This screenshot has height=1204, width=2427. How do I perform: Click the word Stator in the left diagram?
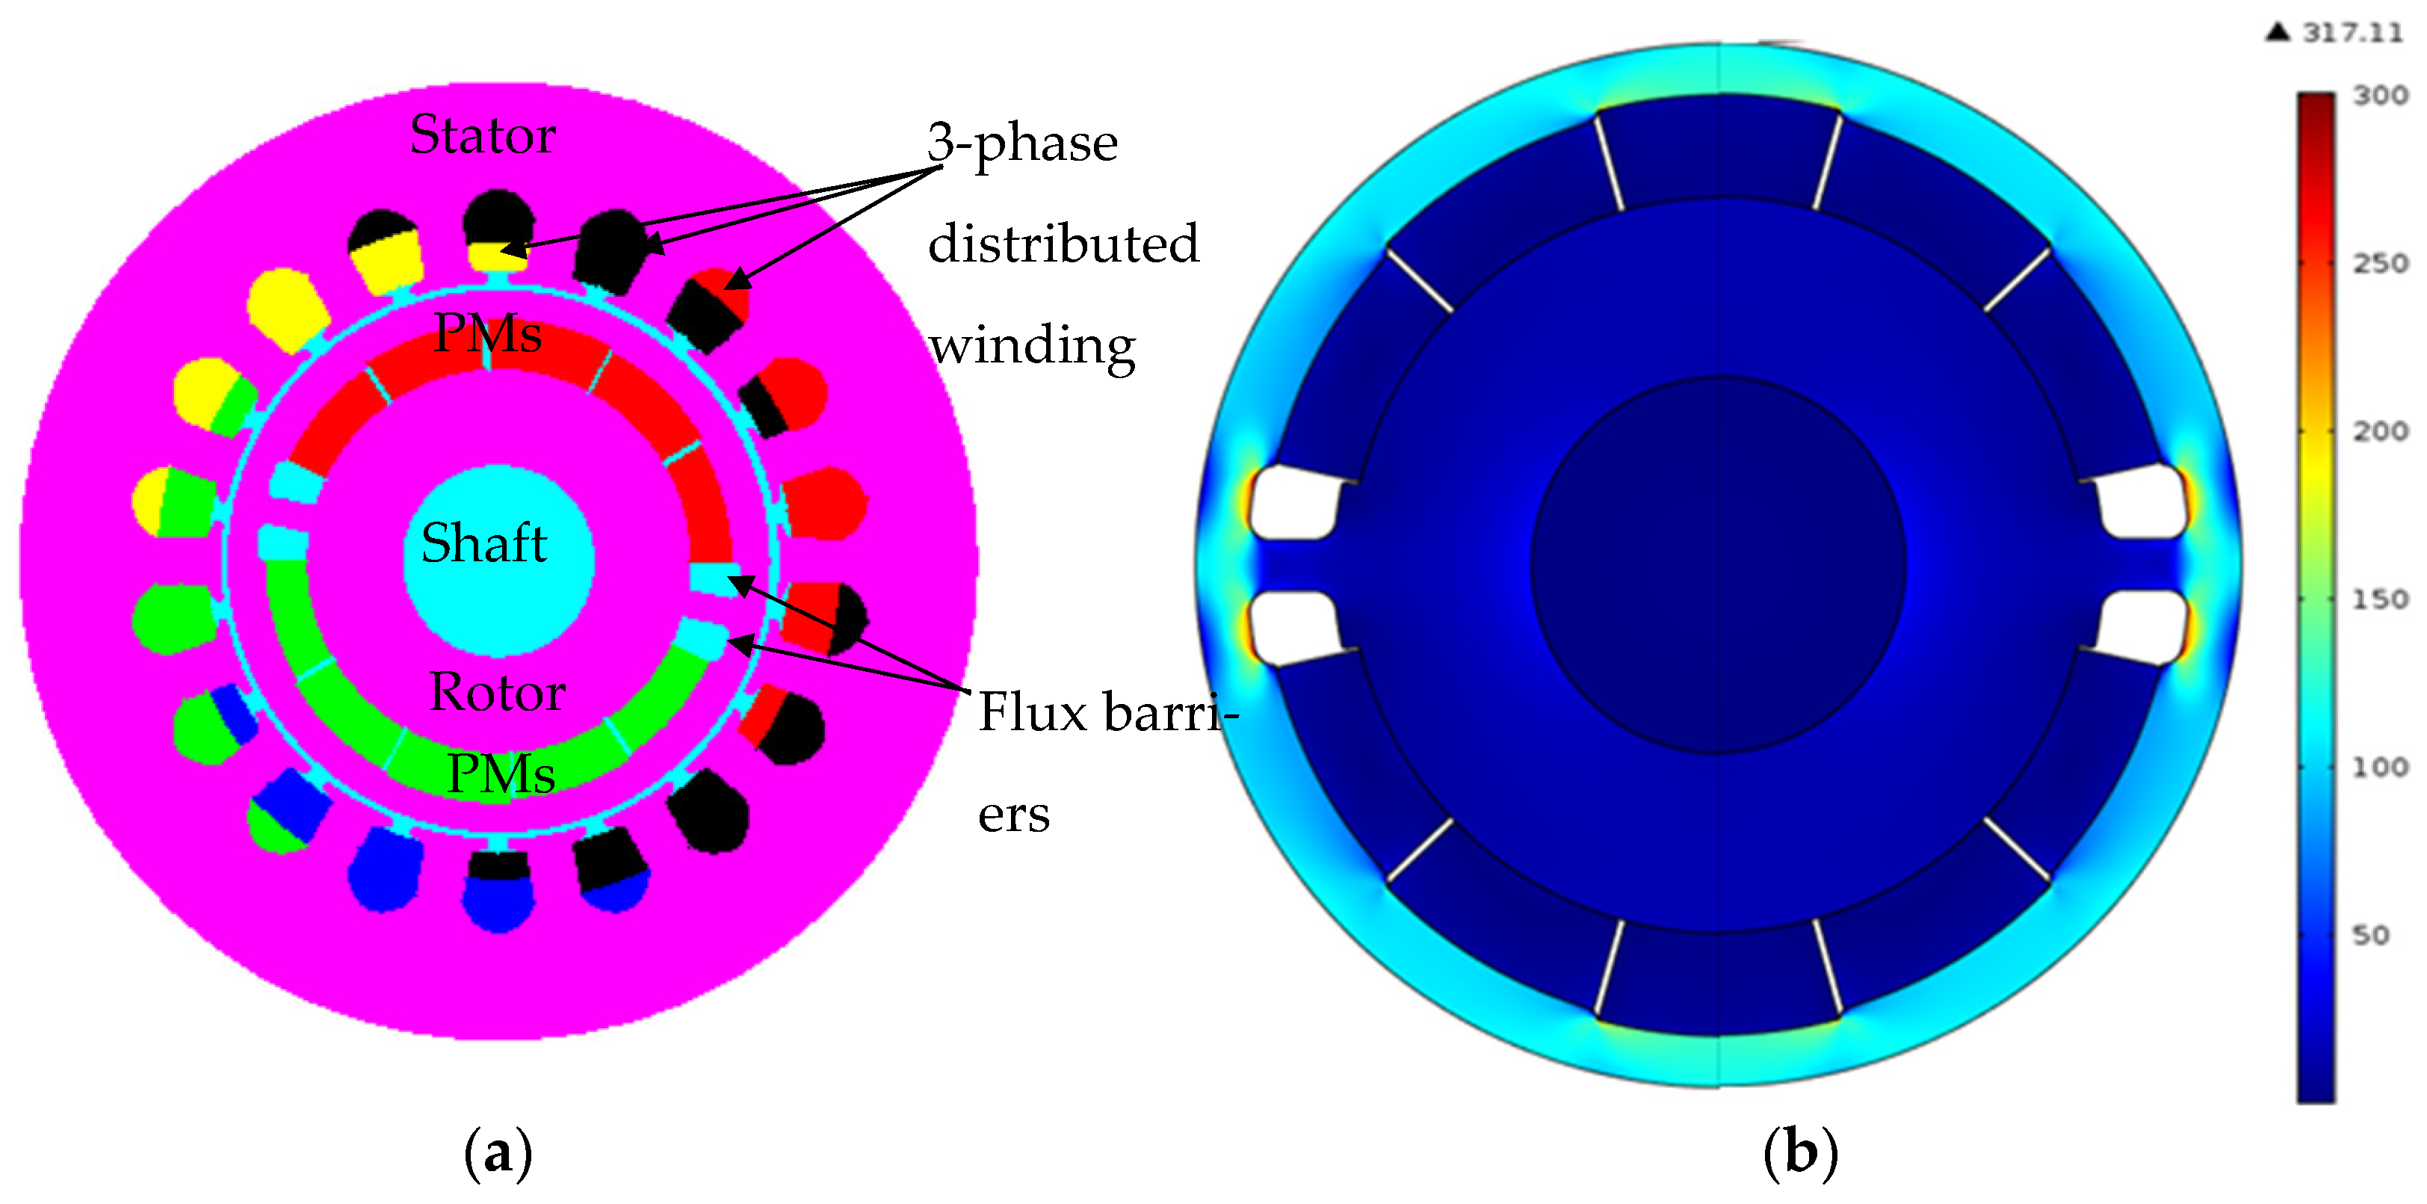pos(483,135)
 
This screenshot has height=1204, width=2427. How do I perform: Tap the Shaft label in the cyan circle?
pos(484,543)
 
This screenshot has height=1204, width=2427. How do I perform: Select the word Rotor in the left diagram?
pos(496,693)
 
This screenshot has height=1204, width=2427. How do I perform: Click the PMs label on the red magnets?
pos(487,333)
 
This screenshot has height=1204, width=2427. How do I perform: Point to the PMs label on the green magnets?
pos(501,774)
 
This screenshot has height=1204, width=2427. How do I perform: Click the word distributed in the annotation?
pos(1063,244)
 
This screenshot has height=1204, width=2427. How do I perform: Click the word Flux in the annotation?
pos(1033,711)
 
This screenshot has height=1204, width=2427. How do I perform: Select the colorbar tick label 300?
pos(2380,95)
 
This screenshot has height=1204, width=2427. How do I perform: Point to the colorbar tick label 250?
pos(2380,263)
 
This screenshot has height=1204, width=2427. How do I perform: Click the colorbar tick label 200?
pos(2380,431)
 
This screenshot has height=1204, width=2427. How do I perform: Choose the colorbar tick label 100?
pos(2380,767)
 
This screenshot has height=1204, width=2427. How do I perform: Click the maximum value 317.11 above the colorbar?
pos(2352,33)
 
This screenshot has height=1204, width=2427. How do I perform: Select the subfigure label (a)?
pos(498,1153)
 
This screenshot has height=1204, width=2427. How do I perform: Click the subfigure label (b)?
pos(1799,1153)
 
